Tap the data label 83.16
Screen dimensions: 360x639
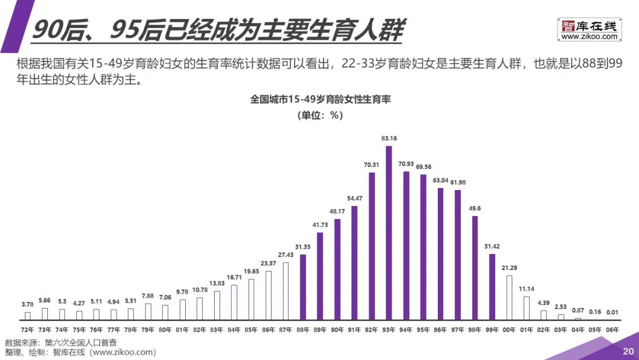(389, 139)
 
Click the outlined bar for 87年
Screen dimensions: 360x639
(286, 291)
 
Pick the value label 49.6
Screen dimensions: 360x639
(475, 208)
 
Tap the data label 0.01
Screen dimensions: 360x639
(612, 311)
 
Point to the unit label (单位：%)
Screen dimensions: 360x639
(320, 115)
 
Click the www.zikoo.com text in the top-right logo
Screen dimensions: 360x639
(589, 37)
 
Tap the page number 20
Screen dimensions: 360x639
(628, 351)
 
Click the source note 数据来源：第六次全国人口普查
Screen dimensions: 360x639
(61, 343)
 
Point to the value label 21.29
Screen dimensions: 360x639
(509, 268)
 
